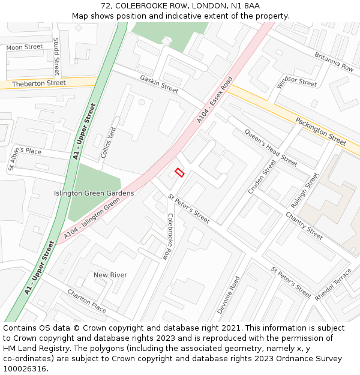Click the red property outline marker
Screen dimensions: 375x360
tap(179, 173)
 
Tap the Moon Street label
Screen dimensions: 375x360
tap(25, 47)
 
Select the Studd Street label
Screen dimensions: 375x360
tap(56, 56)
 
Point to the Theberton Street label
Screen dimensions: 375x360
tap(39, 83)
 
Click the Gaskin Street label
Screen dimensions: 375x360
tap(159, 84)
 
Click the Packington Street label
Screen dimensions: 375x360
tap(320, 131)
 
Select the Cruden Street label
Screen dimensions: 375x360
tap(262, 176)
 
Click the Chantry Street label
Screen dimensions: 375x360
tap(304, 225)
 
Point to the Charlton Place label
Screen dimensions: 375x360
tap(86, 301)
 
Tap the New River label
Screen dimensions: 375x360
tap(110, 275)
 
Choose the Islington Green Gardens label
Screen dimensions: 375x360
tap(94, 193)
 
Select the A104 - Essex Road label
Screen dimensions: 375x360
tap(214, 100)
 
